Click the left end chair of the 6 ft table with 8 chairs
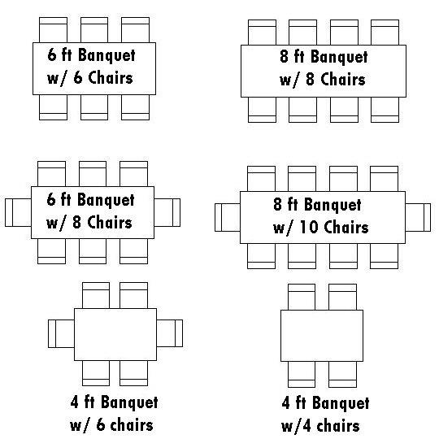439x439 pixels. click(18, 212)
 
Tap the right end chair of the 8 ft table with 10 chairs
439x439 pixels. click(418, 218)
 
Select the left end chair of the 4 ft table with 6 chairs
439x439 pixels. click(61, 334)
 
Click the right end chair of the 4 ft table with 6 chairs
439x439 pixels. click(170, 333)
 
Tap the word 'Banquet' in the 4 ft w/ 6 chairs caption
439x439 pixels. click(129, 402)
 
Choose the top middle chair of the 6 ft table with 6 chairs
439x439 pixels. click(94, 30)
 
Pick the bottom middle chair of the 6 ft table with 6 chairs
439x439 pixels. click(94, 107)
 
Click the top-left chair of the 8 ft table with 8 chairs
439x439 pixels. click(262, 33)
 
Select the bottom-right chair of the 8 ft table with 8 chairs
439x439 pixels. click(385, 110)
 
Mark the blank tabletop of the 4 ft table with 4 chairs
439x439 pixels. click(322, 336)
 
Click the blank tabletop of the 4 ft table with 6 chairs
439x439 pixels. click(115, 334)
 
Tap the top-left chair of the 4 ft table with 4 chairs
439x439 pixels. click(302, 297)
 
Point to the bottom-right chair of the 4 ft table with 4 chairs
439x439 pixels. click(343, 374)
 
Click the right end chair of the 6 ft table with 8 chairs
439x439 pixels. click(167, 212)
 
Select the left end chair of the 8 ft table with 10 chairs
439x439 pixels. click(228, 218)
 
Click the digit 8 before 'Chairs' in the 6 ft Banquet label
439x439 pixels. click(76, 222)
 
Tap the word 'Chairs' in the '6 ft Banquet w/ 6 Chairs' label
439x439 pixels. click(111, 77)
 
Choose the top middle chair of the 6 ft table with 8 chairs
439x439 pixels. click(93, 174)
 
